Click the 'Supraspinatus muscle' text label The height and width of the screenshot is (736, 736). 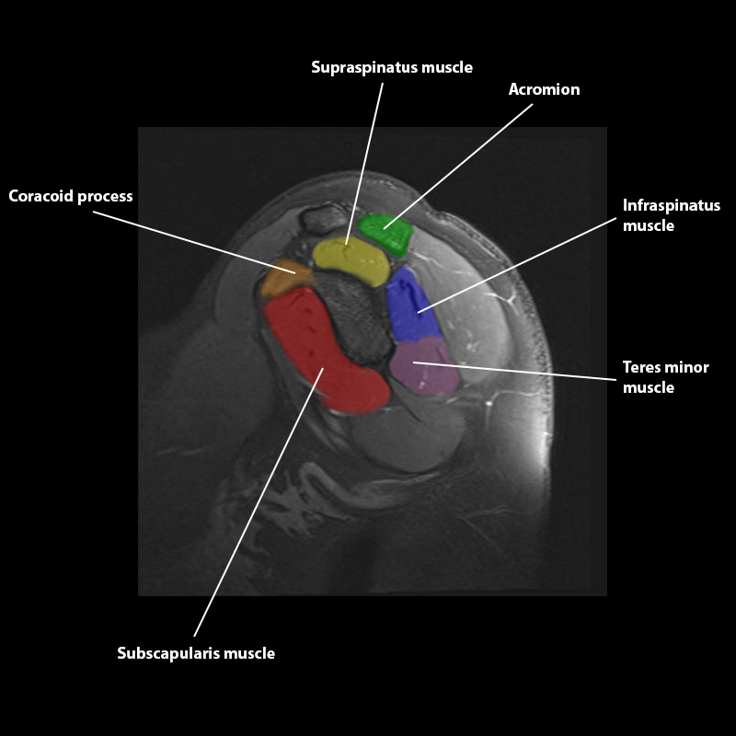[392, 67]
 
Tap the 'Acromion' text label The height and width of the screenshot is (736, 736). [545, 89]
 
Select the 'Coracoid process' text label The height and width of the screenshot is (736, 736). [71, 196]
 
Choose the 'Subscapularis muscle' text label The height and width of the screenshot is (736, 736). [196, 653]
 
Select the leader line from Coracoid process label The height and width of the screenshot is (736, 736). [193, 243]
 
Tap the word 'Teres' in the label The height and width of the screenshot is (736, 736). [641, 367]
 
